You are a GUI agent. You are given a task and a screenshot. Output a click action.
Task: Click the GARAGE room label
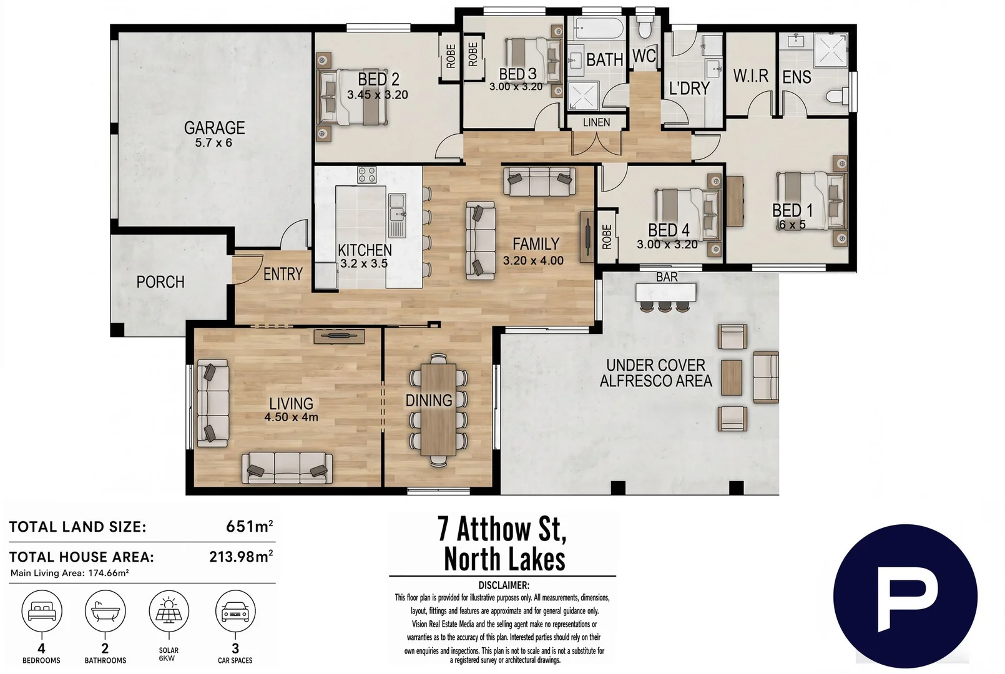tap(215, 128)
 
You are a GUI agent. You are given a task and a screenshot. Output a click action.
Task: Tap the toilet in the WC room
tap(645, 26)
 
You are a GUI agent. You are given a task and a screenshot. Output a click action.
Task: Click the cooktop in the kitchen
tap(366, 175)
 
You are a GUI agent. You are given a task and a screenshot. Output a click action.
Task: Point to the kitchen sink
tap(397, 215)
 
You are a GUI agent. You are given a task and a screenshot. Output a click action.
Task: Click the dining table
tap(438, 409)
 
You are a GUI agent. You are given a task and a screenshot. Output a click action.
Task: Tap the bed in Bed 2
tap(352, 97)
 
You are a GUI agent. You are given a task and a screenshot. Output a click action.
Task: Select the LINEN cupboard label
tap(596, 122)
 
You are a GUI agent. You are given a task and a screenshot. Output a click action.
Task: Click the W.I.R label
tap(750, 76)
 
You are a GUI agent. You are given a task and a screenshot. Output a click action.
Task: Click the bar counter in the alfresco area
tap(666, 293)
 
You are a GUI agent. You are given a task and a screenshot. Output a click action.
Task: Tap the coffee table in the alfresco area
tap(732, 378)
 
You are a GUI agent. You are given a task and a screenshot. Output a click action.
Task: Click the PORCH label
tap(160, 281)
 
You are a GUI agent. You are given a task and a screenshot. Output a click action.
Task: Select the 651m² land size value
tap(250, 526)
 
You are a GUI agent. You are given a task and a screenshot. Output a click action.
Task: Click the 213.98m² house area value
tap(241, 557)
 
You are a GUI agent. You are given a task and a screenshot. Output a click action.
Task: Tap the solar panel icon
tap(169, 611)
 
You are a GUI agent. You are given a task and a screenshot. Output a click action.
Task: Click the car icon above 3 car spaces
tap(235, 611)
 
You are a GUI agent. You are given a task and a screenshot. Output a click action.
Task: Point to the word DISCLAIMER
tap(503, 585)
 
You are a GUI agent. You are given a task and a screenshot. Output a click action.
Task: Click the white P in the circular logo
tap(902, 605)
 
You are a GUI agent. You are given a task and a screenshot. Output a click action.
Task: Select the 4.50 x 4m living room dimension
tap(291, 417)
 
